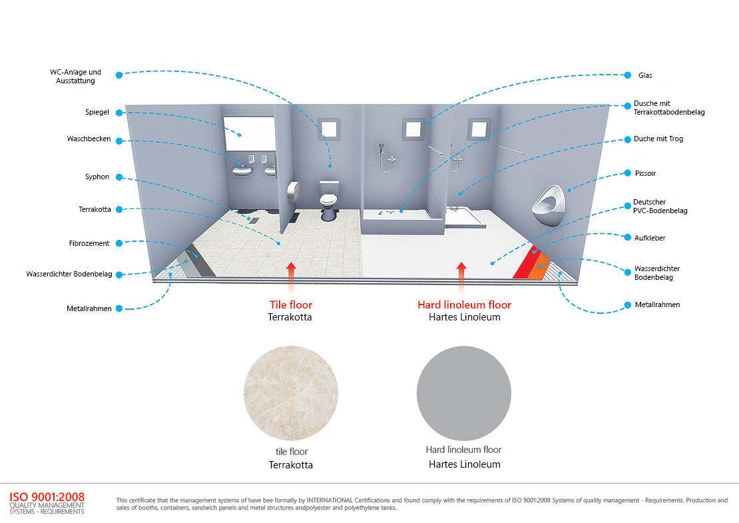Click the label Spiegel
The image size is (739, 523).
tap(97, 112)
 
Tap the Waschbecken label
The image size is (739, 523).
tap(89, 139)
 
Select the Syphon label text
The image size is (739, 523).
tap(97, 177)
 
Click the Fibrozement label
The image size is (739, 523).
tap(89, 243)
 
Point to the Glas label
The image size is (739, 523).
tap(645, 75)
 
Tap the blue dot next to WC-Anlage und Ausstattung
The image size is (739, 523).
tap(119, 75)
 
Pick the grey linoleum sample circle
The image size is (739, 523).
tap(464, 394)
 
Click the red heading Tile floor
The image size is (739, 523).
tap(290, 305)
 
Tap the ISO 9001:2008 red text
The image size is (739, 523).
tap(47, 496)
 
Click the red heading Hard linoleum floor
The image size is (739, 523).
tap(464, 305)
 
